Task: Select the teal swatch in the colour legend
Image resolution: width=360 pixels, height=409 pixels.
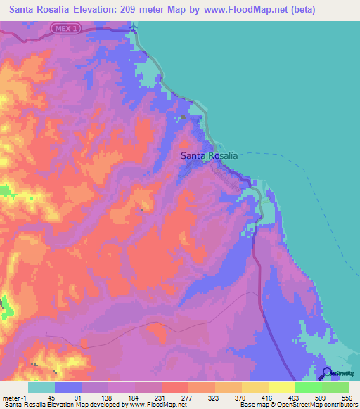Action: (x=41, y=388)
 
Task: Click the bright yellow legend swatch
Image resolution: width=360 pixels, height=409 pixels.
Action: (x=282, y=388)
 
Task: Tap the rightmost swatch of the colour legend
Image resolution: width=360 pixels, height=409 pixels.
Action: (x=335, y=388)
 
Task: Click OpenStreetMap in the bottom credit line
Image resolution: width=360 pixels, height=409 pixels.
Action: (x=295, y=405)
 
